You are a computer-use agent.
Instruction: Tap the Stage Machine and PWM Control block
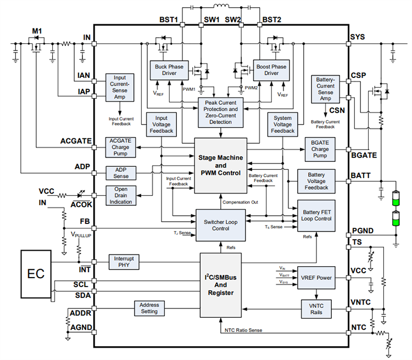pyautogui.click(x=221, y=165)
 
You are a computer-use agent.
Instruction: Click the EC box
pyautogui.click(x=36, y=273)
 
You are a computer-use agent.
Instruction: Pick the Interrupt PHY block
pyautogui.click(x=124, y=262)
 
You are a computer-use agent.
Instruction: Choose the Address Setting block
pyautogui.click(x=149, y=308)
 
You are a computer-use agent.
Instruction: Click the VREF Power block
pyautogui.click(x=316, y=278)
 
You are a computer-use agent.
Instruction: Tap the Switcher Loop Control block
pyautogui.click(x=221, y=224)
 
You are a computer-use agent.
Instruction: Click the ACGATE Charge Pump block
pyautogui.click(x=120, y=148)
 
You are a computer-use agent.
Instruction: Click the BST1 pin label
pyautogui.click(x=169, y=20)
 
